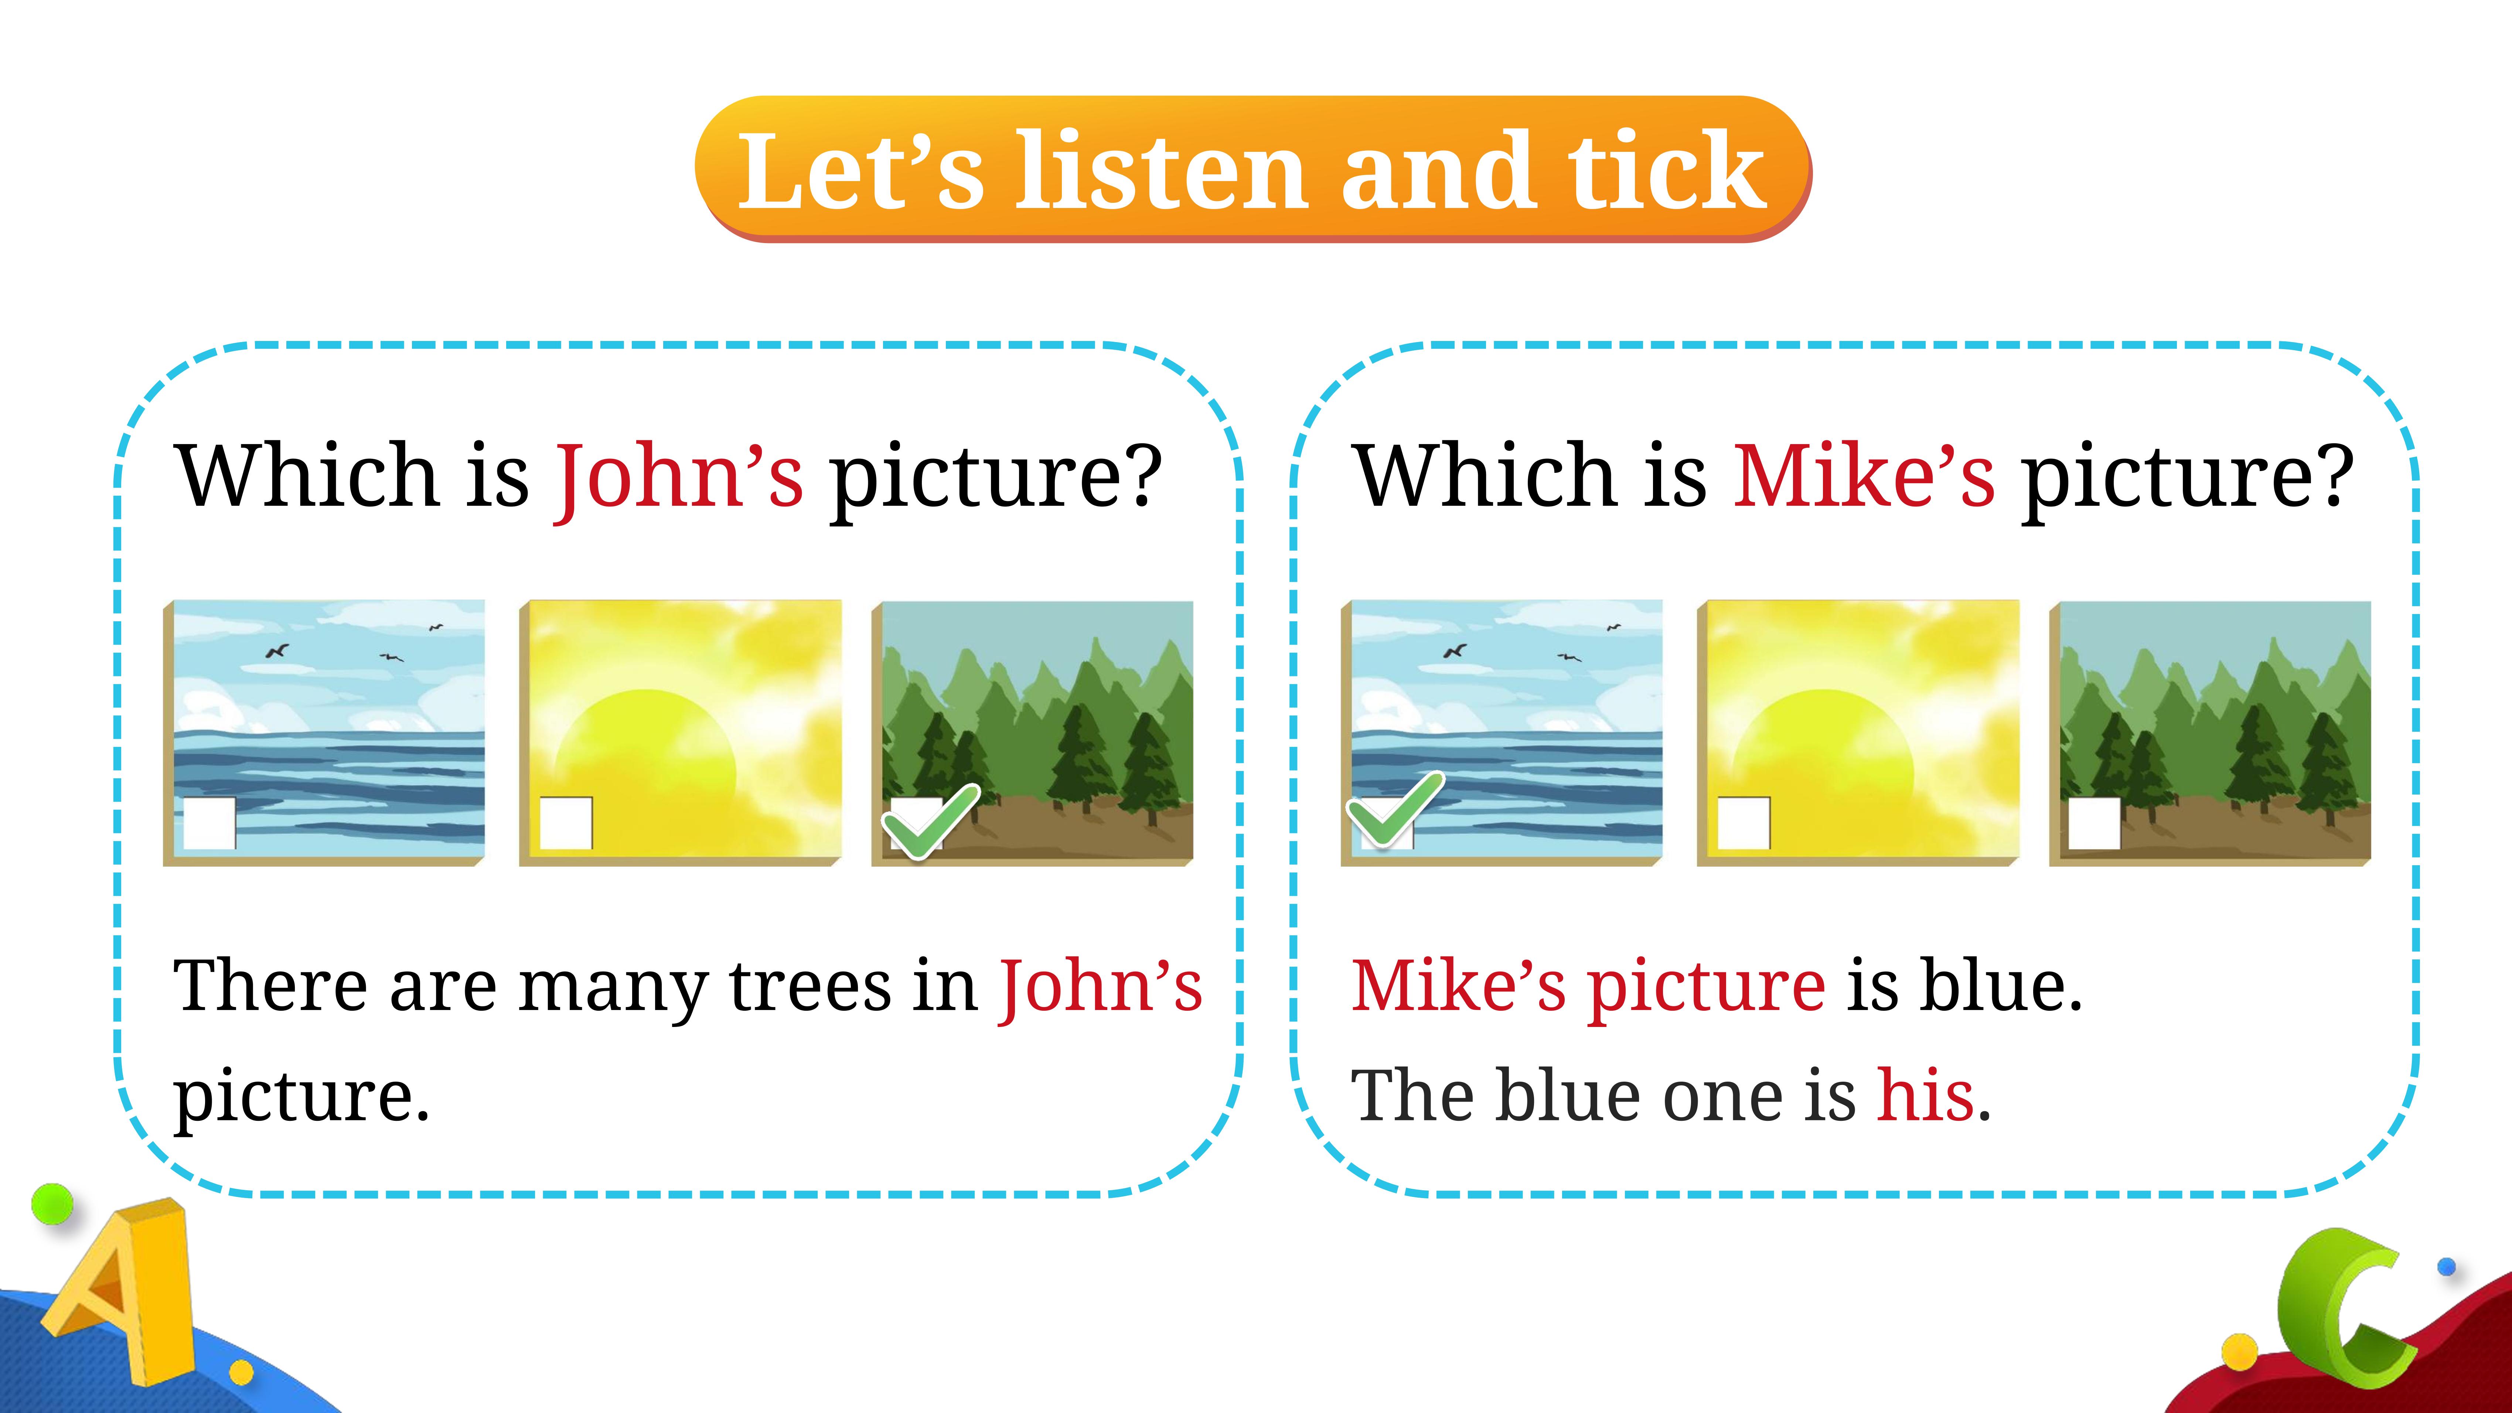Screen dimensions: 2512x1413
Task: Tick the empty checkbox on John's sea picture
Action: pos(209,823)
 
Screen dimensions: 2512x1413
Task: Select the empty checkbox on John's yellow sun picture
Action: pos(566,823)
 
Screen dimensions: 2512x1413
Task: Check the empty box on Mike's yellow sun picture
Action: pos(1744,823)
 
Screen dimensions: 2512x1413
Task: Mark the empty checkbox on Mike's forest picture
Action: pos(2095,823)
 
